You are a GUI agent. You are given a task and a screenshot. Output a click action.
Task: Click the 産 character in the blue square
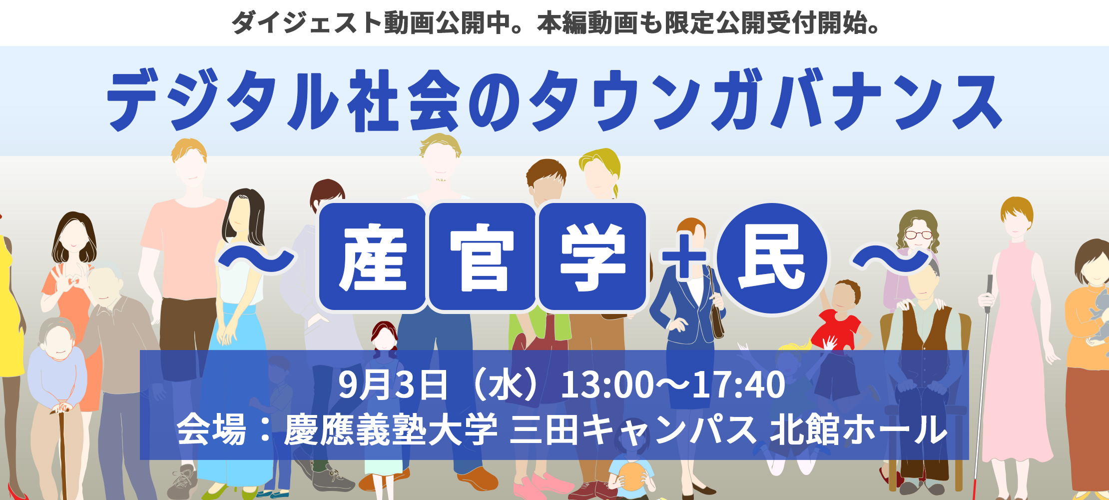point(373,258)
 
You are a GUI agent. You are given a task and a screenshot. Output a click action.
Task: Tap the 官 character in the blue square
point(482,258)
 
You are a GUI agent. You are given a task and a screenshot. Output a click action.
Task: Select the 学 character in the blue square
point(592,258)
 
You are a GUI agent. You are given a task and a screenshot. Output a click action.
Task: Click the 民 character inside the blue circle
point(772,258)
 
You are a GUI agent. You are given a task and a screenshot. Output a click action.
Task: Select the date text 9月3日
point(393,384)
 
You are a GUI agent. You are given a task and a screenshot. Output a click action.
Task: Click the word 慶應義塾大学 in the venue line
point(391,429)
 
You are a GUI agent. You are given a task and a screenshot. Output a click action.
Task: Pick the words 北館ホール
point(858,429)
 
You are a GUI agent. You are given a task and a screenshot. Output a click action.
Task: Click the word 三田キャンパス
point(633,429)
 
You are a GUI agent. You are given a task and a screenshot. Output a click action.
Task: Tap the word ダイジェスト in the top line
point(307,22)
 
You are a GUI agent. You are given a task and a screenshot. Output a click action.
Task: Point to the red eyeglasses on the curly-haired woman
point(919,234)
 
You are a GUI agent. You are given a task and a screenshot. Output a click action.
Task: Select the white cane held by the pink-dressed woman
point(982,385)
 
